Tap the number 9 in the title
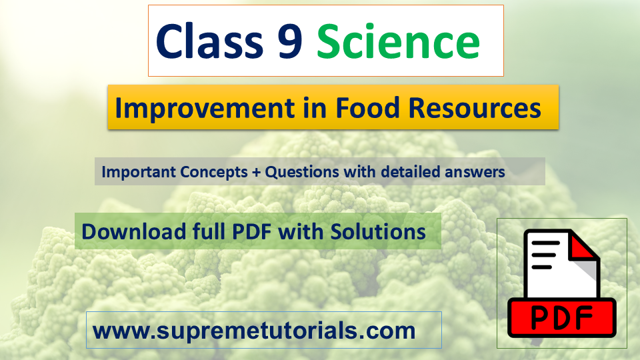pos(287,41)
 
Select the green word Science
pos(398,41)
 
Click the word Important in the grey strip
pos(138,172)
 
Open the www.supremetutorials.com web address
pos(254,330)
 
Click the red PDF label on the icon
pos(561,318)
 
